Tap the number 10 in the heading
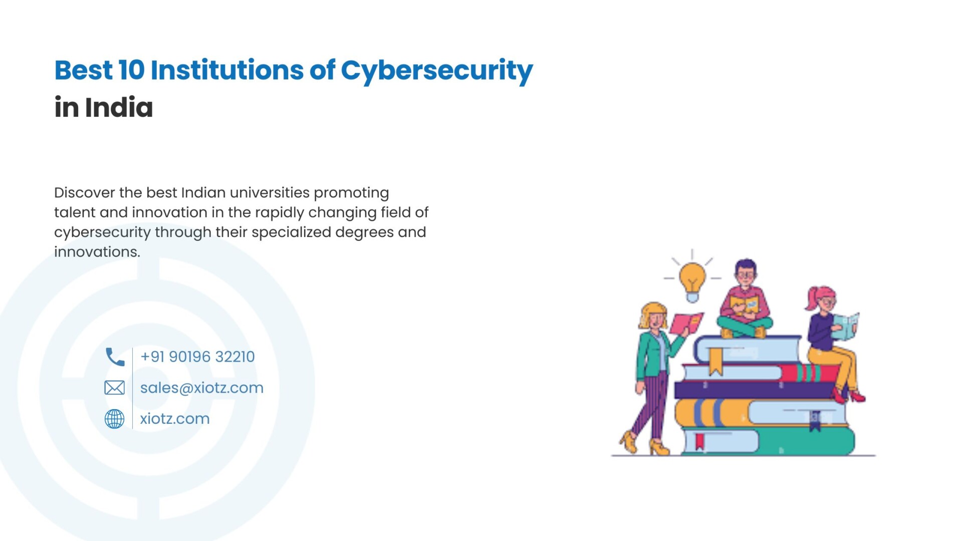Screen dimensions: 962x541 [131, 70]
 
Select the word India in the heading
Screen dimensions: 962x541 [119, 107]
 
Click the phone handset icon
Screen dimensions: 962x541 [115, 357]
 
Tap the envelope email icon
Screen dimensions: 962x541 [114, 388]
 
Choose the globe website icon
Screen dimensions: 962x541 [114, 419]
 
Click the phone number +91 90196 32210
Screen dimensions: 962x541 [197, 357]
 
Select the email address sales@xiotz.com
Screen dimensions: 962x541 [201, 388]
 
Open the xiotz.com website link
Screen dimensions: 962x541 [175, 419]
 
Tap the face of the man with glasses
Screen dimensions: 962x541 [746, 276]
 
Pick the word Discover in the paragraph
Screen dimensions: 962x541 [85, 192]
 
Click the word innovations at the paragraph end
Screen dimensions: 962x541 [97, 252]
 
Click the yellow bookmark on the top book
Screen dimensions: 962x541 [715, 361]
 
